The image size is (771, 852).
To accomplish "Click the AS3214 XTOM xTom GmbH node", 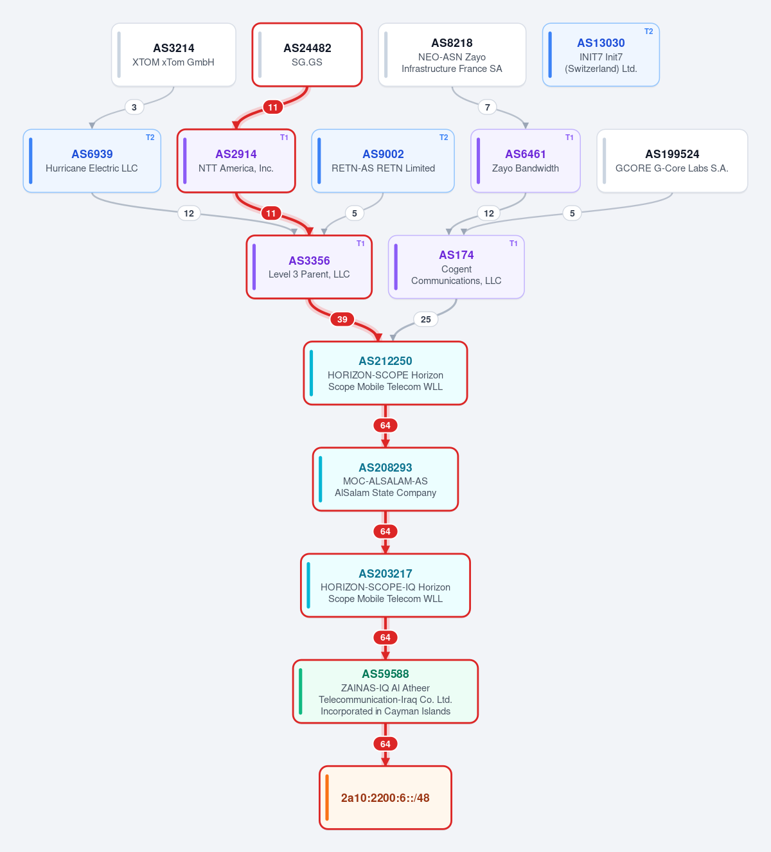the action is (173, 55).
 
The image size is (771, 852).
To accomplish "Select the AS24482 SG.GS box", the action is (306, 55).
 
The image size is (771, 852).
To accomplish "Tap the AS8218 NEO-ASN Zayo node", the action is (452, 55).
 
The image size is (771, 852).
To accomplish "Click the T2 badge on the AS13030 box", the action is (648, 31).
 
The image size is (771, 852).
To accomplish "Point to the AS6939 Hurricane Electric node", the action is (92, 161).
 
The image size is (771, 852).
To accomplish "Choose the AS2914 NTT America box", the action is (236, 161).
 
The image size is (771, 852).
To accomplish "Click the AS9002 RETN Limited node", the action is (383, 161).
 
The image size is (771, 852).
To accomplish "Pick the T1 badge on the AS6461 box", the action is (569, 138).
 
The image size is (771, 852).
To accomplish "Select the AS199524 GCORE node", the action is (672, 161).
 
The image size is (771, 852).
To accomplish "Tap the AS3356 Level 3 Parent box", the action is (309, 267).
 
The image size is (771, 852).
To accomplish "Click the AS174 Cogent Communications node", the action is (456, 267).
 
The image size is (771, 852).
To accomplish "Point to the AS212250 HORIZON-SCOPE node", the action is (385, 373).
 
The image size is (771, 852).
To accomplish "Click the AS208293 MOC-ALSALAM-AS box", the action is (385, 479).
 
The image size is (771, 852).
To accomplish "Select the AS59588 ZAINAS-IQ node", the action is (385, 691).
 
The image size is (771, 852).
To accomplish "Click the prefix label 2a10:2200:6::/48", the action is (385, 797).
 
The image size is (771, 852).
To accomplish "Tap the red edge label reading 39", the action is (342, 319).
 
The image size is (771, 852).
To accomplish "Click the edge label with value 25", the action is (425, 319).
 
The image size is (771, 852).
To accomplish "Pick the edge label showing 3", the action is (134, 107).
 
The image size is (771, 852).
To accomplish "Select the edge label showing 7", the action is (488, 107).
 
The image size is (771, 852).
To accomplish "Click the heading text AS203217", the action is (385, 573).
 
